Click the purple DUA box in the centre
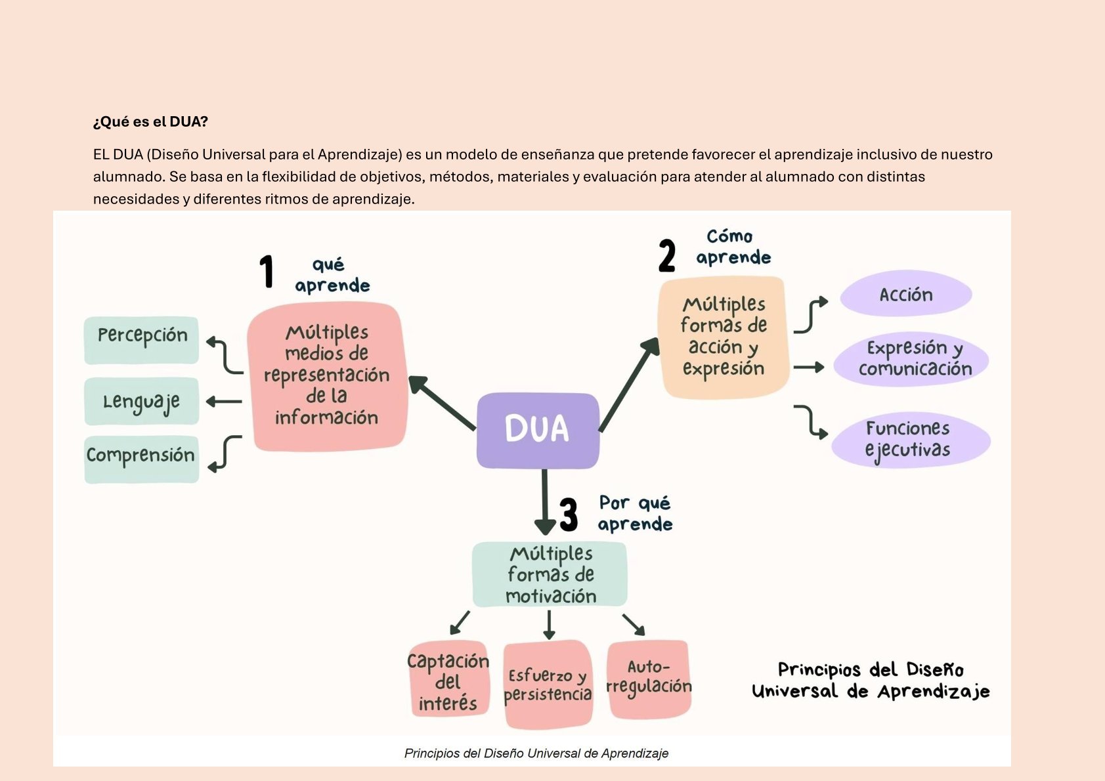(538, 430)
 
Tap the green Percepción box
(142, 340)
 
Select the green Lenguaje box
(142, 401)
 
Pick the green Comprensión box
(142, 459)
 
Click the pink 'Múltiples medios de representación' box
(327, 376)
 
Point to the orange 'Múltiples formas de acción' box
(723, 337)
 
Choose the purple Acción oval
(906, 295)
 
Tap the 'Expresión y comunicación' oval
(912, 359)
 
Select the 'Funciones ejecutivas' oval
(910, 440)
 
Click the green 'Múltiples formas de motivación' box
(550, 574)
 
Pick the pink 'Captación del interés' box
(448, 681)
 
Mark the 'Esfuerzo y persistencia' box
(548, 684)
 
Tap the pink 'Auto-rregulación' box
(649, 679)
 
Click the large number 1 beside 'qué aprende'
(266, 271)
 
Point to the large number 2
(667, 255)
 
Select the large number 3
(569, 514)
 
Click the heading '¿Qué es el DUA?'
(150, 121)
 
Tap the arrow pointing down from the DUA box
(544, 502)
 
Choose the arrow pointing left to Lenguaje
(224, 401)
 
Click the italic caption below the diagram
(536, 753)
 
